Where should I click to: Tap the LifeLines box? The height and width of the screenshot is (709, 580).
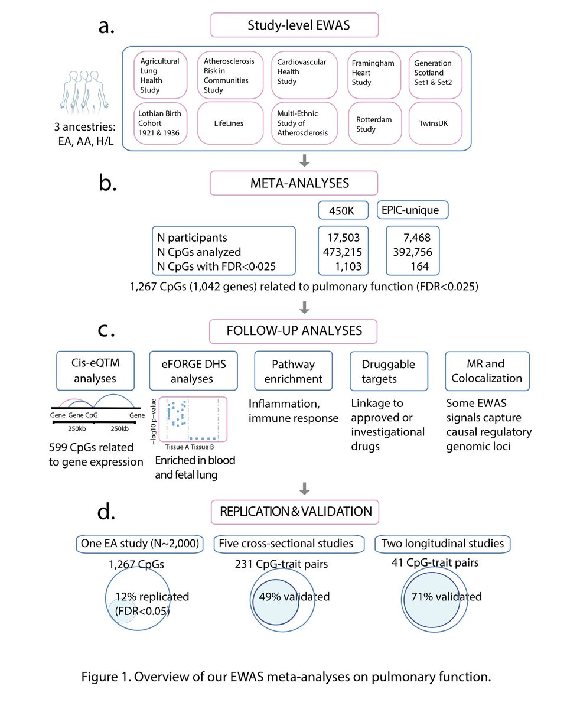point(230,123)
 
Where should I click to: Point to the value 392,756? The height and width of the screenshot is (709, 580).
point(412,252)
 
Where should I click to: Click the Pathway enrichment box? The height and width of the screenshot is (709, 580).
point(293,371)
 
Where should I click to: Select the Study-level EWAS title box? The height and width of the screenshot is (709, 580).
point(294,26)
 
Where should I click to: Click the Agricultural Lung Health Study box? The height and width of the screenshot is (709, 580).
point(159,75)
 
